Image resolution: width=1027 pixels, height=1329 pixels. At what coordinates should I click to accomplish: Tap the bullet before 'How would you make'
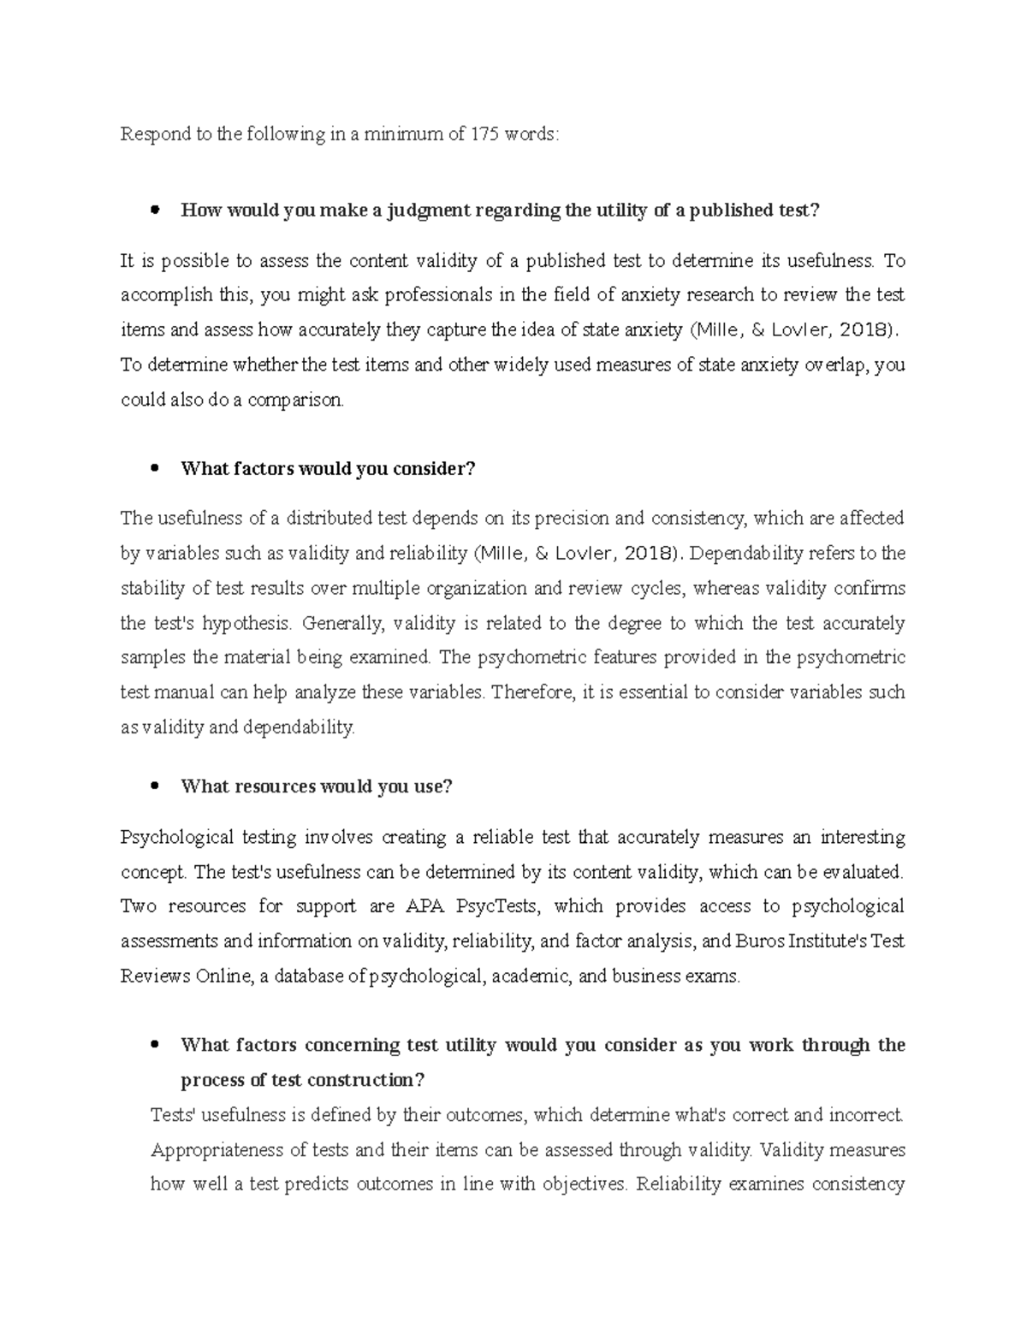point(155,211)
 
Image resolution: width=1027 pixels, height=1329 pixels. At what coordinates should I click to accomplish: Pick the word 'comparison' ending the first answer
point(294,400)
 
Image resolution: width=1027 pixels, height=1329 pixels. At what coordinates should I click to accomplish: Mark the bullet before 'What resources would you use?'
point(155,786)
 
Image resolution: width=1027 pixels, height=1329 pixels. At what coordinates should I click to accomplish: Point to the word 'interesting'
point(863,837)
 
